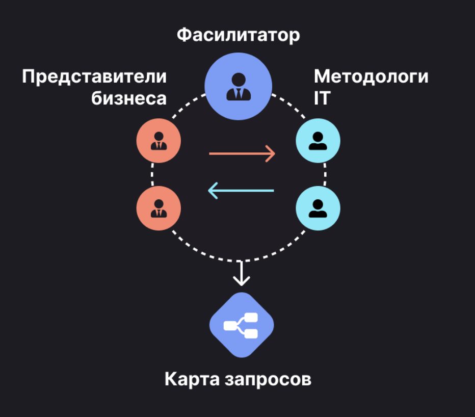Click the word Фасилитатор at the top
pos(238,35)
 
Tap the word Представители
pos(94,76)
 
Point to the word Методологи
pos(371,76)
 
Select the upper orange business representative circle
pos(159,141)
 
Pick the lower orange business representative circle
pos(159,209)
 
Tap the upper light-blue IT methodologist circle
pos(318,141)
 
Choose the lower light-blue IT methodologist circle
pos(318,209)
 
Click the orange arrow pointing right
pos(242,153)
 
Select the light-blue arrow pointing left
pos(241,191)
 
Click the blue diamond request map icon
pos(242,325)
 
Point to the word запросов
pos(268,380)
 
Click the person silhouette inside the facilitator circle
pos(238,87)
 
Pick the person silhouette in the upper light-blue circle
pos(318,141)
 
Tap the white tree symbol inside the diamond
pos(242,326)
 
